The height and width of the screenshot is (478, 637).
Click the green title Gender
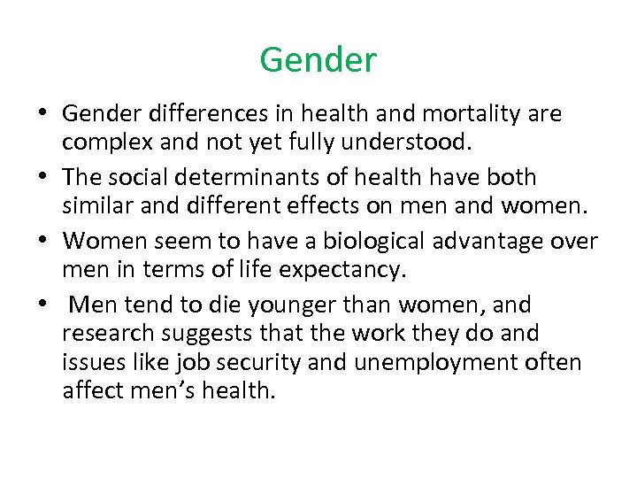318,60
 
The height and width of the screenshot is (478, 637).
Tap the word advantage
511,241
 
